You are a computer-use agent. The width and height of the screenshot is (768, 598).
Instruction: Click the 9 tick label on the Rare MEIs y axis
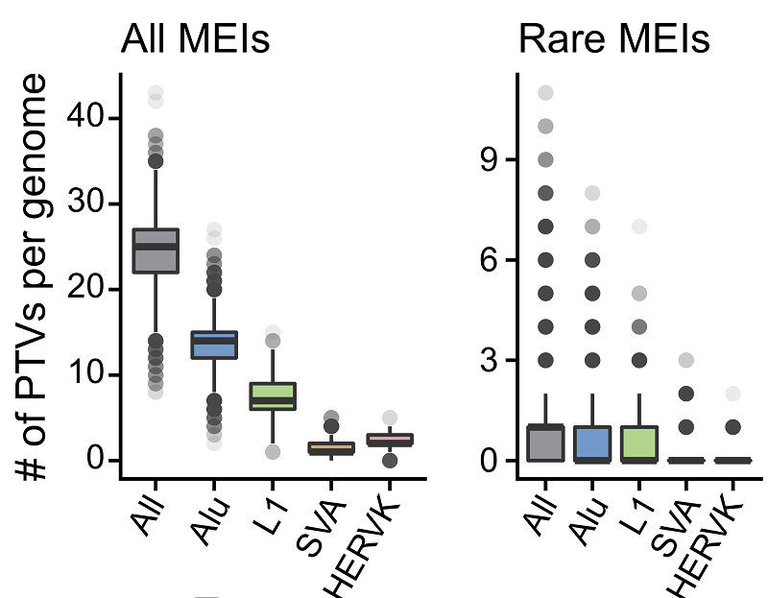tap(492, 159)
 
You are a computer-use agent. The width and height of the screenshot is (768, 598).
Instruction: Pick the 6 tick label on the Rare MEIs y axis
tap(492, 260)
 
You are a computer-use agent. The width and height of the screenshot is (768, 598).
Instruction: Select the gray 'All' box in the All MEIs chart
tap(156, 251)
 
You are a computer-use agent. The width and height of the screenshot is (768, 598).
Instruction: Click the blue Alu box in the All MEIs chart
tap(214, 345)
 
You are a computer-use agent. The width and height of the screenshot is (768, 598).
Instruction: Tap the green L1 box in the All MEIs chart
tap(273, 395)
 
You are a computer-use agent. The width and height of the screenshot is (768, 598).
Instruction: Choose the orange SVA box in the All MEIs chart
tap(331, 447)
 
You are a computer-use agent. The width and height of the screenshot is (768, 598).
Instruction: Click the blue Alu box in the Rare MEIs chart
tap(592, 443)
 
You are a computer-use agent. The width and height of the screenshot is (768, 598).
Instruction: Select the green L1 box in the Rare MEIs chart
tap(639, 443)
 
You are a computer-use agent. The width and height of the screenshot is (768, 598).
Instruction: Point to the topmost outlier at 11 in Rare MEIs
tap(545, 93)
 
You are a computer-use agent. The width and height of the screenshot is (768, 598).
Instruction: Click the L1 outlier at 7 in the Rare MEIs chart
tap(639, 227)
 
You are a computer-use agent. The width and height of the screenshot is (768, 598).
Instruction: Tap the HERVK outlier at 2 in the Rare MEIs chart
tap(732, 394)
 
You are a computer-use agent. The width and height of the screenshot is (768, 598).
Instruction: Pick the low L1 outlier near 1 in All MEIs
tap(273, 451)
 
